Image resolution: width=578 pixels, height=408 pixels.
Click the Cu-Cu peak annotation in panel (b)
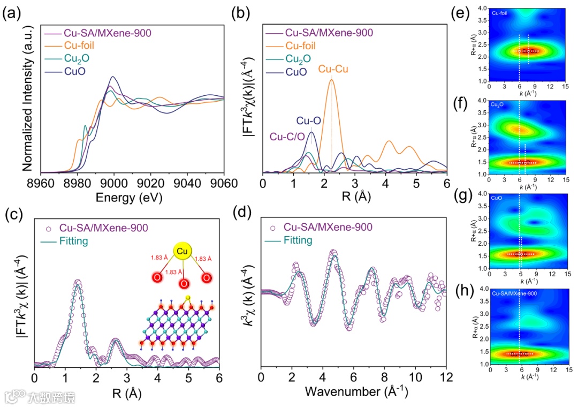(x=336, y=69)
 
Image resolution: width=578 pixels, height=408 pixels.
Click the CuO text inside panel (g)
(x=496, y=198)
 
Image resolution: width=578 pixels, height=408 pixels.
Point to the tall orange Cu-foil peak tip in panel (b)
(x=331, y=79)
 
